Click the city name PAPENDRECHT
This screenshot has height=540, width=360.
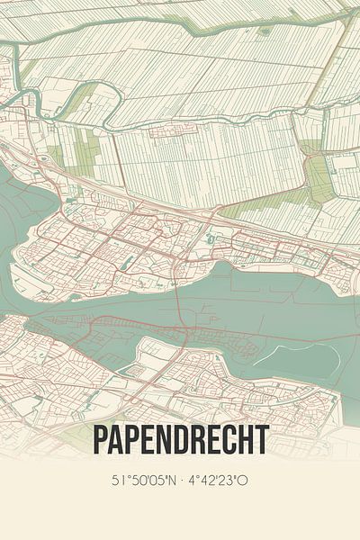click(180, 441)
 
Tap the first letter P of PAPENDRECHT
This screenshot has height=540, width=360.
click(101, 441)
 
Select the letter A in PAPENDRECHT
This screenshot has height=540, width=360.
click(117, 441)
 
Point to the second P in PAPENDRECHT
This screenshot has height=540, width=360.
click(133, 441)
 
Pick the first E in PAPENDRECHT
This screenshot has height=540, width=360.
click(148, 441)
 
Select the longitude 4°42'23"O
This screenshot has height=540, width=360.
click(219, 481)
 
